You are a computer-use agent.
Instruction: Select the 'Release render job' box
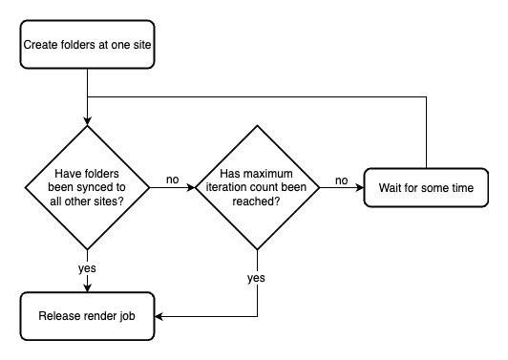click(87, 317)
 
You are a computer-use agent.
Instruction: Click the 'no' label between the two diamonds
click(173, 180)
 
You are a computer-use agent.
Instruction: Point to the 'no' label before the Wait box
click(342, 180)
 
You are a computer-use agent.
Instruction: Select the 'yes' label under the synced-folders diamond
click(87, 269)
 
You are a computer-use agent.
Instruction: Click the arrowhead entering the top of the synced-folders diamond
click(87, 121)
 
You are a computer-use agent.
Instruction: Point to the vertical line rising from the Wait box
click(426, 134)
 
